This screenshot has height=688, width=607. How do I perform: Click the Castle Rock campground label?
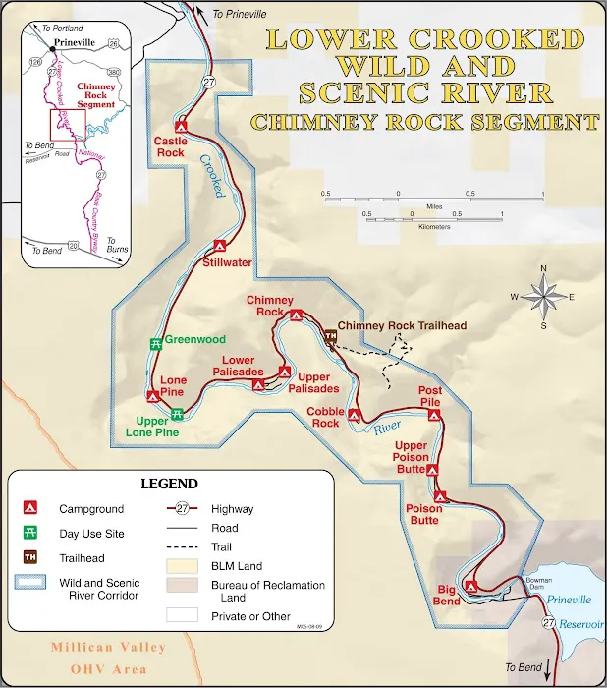pos(169,146)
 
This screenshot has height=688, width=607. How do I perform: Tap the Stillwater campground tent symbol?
pos(222,247)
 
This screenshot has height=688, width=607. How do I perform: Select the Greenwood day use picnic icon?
pos(155,343)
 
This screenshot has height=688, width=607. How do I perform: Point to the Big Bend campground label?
pos(447,595)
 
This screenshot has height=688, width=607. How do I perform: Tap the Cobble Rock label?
pos(322,417)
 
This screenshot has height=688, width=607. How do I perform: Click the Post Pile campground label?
pos(429,396)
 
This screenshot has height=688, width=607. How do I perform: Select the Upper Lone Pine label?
pos(160,428)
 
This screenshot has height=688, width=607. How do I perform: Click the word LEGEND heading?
pos(169,484)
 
